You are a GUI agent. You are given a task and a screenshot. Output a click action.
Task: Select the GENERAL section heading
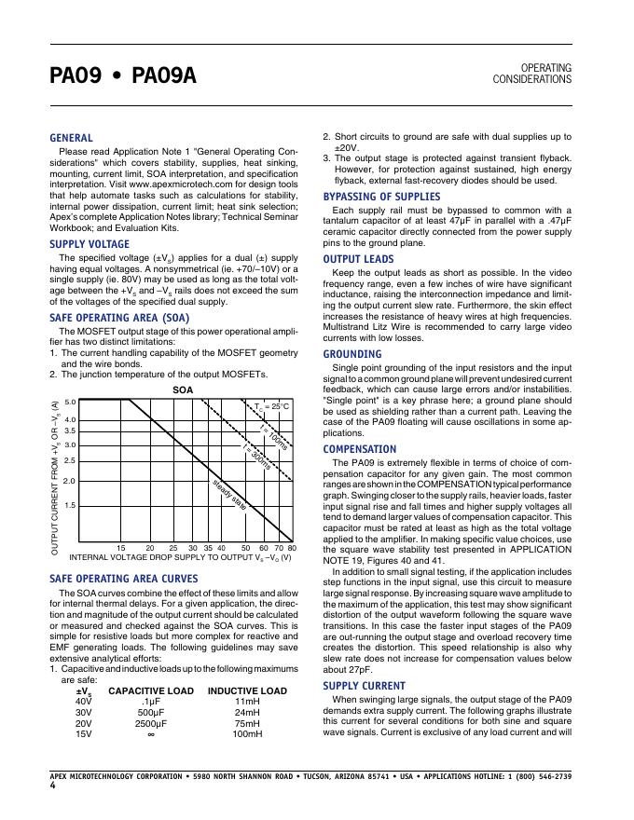[71, 138]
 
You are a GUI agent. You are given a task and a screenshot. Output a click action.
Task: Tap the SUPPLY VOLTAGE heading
[90, 244]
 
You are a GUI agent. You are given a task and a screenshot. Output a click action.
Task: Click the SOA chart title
[183, 389]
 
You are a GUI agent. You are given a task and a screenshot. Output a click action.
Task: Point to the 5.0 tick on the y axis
[69, 401]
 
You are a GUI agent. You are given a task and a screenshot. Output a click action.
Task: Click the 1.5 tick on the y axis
[69, 504]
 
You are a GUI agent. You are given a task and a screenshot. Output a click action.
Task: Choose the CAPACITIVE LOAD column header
[151, 691]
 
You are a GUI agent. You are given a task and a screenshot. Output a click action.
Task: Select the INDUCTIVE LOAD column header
[247, 691]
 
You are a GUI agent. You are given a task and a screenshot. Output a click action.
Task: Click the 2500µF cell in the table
[151, 722]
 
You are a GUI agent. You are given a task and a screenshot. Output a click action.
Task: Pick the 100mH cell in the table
[247, 733]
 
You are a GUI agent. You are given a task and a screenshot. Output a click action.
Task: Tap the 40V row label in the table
[84, 701]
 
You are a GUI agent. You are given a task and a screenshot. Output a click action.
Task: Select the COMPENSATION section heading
[359, 448]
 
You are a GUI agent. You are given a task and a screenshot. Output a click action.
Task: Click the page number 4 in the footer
[53, 786]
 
